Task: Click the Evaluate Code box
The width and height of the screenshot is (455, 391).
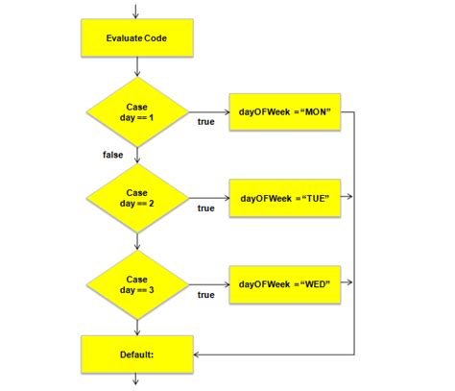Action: (x=137, y=38)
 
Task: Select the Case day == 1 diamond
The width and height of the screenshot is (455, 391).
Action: (x=137, y=112)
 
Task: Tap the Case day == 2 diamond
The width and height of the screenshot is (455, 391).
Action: (x=137, y=198)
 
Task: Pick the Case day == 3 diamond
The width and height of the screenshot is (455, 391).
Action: (x=137, y=284)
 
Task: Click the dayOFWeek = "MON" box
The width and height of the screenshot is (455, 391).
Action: (x=285, y=112)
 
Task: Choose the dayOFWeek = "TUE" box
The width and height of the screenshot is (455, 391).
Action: (x=285, y=198)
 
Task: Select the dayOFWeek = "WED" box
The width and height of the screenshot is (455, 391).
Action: (x=285, y=284)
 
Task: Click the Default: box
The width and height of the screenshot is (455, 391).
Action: (x=137, y=354)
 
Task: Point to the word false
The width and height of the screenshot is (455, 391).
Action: (x=112, y=155)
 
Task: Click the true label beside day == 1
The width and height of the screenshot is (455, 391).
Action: (x=205, y=122)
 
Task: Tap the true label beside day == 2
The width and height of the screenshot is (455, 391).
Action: (x=205, y=208)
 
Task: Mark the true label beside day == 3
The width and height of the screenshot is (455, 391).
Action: (x=205, y=295)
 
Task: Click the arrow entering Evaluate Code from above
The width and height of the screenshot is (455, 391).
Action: (x=135, y=12)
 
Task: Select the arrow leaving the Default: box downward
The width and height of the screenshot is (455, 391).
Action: (x=135, y=379)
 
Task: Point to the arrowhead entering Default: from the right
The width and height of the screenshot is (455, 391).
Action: (x=196, y=354)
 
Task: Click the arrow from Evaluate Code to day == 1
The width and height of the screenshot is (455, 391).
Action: (x=137, y=67)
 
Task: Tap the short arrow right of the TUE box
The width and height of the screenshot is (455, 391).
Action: (x=347, y=196)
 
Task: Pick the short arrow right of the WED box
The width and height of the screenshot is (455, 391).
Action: (x=347, y=282)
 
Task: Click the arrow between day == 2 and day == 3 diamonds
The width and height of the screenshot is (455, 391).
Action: (x=137, y=241)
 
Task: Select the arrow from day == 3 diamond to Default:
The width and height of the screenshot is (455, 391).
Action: (x=137, y=328)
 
